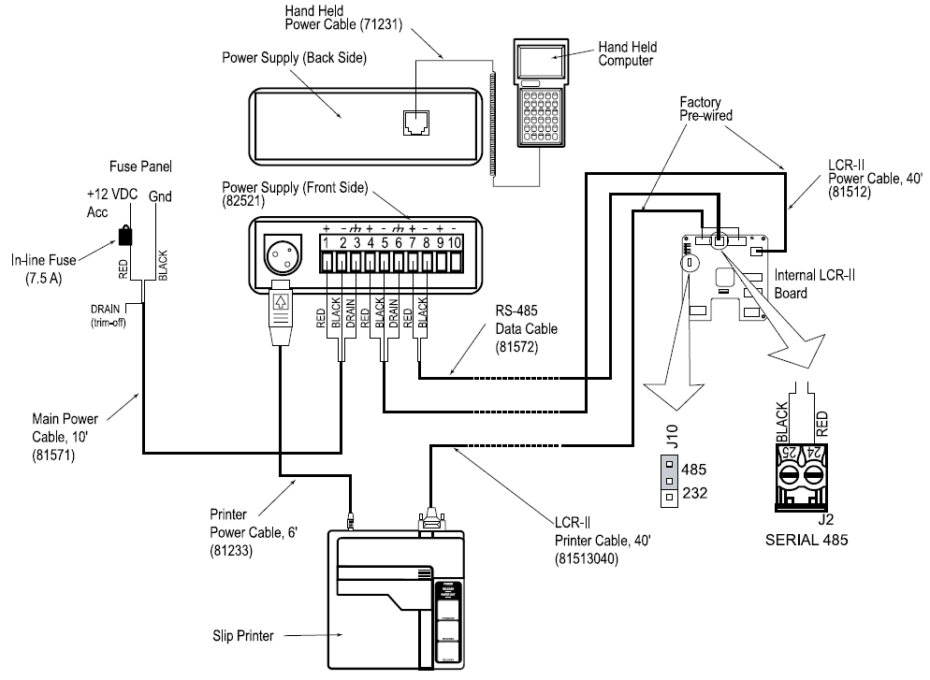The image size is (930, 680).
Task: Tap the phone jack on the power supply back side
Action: point(413,123)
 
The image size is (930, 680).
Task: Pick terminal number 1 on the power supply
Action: point(327,243)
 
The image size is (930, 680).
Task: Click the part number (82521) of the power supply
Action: point(246,200)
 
